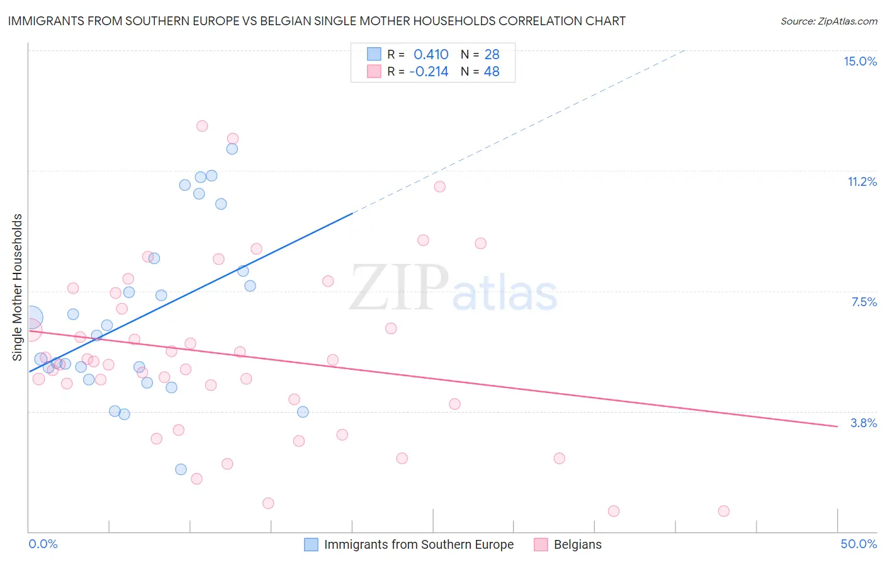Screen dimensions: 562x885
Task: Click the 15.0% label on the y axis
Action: point(860,61)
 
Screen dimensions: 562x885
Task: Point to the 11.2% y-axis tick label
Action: point(862,181)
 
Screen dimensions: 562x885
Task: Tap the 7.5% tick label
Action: point(864,302)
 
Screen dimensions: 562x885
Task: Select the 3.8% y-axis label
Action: point(864,423)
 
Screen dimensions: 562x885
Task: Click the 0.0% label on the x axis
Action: point(43,544)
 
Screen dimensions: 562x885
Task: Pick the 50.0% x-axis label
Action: point(859,544)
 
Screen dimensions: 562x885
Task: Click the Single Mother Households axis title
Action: point(18,287)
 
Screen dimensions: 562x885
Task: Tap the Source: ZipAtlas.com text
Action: point(828,21)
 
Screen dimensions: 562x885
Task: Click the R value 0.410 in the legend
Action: point(431,54)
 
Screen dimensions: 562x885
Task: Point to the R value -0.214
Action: point(429,71)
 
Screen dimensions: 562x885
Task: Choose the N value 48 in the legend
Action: point(492,71)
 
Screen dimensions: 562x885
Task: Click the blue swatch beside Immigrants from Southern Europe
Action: point(311,544)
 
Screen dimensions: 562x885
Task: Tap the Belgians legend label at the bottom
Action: point(577,544)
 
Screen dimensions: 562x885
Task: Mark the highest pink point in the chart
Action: point(202,126)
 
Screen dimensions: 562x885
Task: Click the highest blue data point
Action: point(232,149)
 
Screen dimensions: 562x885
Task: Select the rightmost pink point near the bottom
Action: point(724,511)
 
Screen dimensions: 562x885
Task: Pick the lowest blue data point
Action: point(181,469)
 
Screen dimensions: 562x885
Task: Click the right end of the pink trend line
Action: point(837,427)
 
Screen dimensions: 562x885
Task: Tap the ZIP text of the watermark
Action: point(399,288)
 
